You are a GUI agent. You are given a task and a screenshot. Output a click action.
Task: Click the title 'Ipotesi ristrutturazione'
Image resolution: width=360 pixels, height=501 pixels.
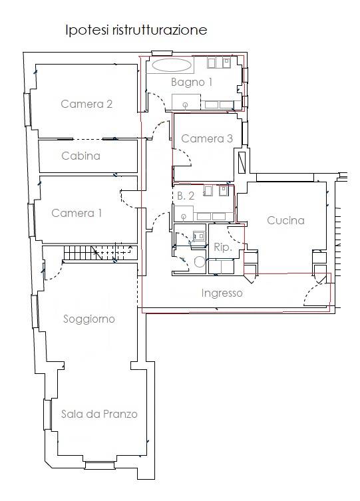click(x=136, y=30)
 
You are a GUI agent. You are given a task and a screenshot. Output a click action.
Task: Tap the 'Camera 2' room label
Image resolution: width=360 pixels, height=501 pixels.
click(x=87, y=104)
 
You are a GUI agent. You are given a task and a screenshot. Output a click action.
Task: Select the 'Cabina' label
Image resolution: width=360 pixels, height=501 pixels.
click(x=81, y=156)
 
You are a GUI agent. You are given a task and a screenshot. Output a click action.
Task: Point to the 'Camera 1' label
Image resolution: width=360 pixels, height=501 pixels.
click(x=77, y=213)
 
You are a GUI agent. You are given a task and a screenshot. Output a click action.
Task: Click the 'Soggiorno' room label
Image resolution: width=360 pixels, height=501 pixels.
click(x=89, y=319)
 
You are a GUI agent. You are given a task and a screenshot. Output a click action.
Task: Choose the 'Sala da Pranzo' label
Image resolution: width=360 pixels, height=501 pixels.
click(x=99, y=414)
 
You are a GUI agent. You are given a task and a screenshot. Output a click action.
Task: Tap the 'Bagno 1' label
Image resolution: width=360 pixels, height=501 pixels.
click(x=192, y=82)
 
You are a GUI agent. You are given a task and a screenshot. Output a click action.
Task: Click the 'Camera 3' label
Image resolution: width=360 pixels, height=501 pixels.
click(x=207, y=138)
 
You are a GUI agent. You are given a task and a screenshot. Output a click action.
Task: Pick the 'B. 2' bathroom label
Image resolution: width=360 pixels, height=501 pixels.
click(x=186, y=196)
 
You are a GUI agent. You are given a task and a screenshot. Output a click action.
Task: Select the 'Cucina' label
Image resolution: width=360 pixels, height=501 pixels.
click(x=285, y=220)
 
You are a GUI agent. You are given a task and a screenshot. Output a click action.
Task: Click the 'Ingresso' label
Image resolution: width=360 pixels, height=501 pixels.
click(x=222, y=293)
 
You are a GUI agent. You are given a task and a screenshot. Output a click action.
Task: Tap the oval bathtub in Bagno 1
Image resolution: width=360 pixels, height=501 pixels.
click(x=172, y=65)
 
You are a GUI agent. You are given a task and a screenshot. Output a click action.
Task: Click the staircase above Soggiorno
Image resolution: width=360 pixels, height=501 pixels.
click(x=100, y=253)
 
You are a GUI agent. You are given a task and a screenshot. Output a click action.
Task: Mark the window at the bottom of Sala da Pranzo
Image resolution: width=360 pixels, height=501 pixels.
click(x=100, y=465)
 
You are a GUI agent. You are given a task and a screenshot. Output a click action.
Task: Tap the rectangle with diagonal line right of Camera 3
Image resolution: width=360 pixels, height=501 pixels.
click(x=242, y=162)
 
